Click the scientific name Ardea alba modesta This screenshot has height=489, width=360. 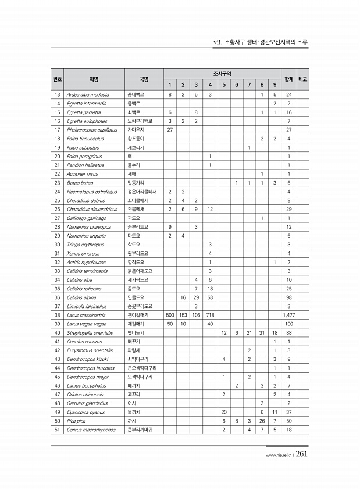coord(88,94)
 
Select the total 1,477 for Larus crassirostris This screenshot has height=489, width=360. coord(289,314)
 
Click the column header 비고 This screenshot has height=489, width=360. coord(302,79)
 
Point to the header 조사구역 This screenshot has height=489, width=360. coord(223,73)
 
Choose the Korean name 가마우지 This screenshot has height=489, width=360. coord(136,129)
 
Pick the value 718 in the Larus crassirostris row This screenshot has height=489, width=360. coord(210,314)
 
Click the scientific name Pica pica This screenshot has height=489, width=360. coord(76,420)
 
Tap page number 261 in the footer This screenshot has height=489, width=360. coord(301,455)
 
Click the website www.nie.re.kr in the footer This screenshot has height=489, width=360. coord(277,456)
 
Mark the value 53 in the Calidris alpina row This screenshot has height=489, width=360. coord(210,296)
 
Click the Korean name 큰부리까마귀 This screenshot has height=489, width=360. coord(144,429)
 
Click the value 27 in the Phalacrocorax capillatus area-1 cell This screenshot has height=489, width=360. coord(170,129)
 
